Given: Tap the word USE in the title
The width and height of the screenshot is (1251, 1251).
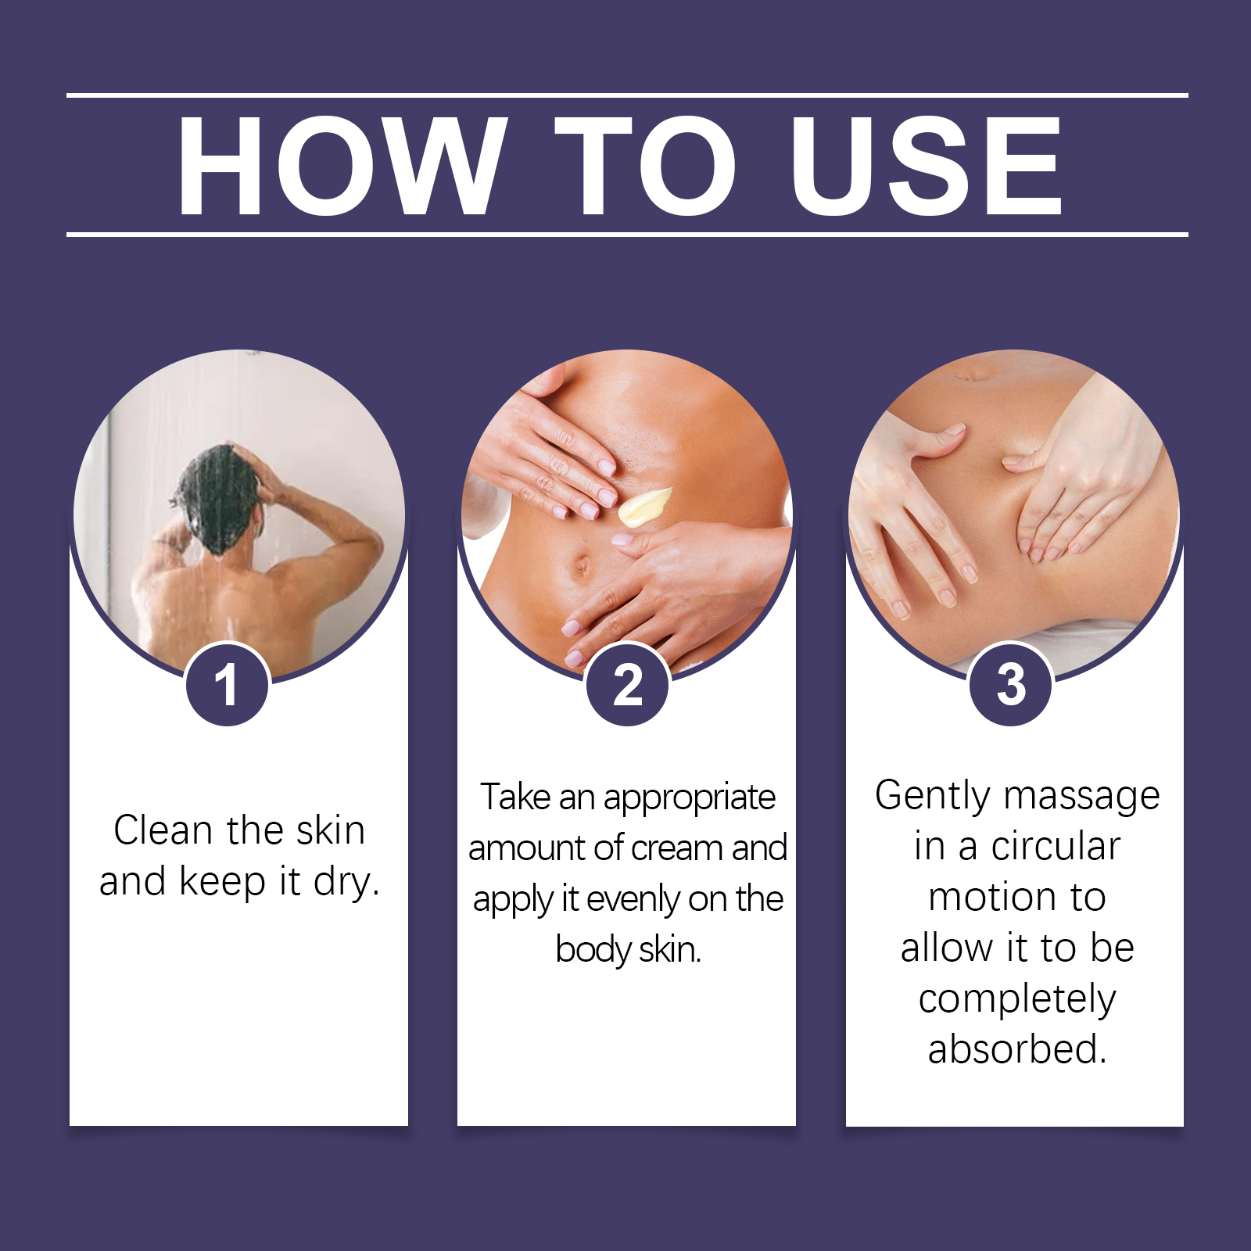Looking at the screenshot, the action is [927, 165].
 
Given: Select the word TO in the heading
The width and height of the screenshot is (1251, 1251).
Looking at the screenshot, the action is [646, 165].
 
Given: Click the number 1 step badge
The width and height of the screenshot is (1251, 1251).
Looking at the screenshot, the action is [228, 685].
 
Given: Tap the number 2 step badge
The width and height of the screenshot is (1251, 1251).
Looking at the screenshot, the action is [628, 685].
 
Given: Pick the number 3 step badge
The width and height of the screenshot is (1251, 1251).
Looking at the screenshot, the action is [1011, 685].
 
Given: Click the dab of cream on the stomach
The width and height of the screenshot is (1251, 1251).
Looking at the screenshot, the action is [644, 507].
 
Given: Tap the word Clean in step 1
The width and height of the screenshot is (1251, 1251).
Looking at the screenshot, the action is [163, 830].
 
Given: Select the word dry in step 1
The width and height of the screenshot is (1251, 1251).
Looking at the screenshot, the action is [346, 883].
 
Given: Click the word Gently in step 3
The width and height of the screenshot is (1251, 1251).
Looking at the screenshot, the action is [934, 797].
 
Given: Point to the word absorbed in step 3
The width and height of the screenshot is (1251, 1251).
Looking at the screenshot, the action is [1017, 1049].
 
